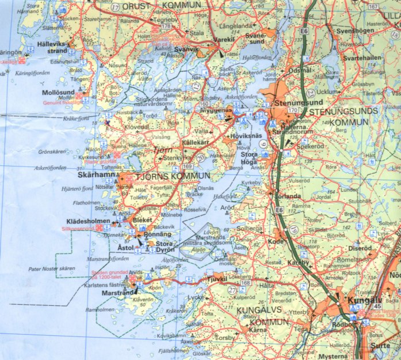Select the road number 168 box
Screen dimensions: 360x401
pos(246,283)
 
